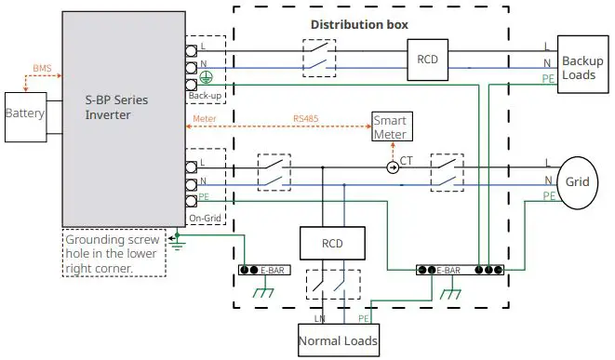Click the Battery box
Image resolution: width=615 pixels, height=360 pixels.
25,113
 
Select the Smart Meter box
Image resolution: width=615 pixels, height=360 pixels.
391,127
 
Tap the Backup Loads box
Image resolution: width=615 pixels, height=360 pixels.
582,62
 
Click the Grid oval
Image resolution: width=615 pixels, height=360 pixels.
578,181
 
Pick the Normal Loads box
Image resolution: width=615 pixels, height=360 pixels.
338,340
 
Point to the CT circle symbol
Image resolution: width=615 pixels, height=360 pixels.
393,167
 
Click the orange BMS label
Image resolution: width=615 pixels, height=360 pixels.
42,69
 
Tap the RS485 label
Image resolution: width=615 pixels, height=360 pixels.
305,118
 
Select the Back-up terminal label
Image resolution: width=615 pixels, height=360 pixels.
206,95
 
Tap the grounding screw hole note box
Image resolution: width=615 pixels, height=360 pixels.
114,252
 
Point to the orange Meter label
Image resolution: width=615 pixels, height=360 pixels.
204,118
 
